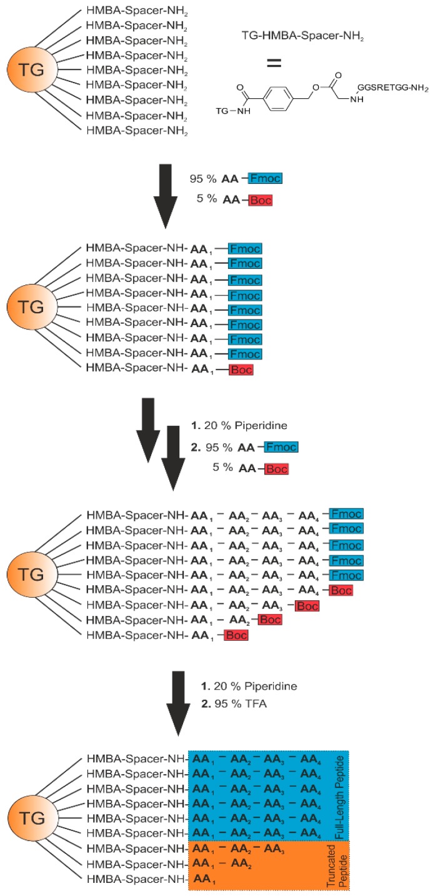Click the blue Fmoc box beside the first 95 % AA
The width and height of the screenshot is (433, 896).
click(x=264, y=179)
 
